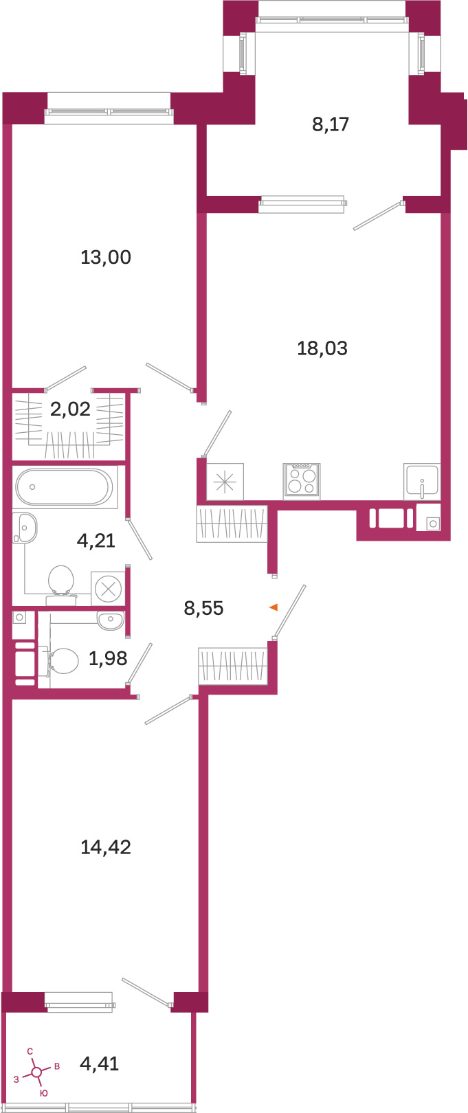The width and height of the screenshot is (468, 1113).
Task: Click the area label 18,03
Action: point(322,348)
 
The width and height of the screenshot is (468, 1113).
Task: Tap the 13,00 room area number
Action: point(106,258)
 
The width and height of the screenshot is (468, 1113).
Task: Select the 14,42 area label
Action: point(106,846)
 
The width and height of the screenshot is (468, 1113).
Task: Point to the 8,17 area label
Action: point(331,124)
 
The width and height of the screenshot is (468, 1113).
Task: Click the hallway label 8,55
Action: point(203,607)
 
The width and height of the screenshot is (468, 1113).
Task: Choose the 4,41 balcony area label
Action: point(100,1064)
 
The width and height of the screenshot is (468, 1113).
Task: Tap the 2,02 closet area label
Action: point(70,409)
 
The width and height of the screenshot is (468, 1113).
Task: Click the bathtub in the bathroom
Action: point(64,487)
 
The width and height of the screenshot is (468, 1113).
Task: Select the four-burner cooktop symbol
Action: point(302,481)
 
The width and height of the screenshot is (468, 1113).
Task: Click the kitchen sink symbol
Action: point(422,481)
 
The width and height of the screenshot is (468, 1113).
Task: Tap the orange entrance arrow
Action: point(274,607)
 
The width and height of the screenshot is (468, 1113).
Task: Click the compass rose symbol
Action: point(36,1072)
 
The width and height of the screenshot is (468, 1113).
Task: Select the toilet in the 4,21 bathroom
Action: point(61,581)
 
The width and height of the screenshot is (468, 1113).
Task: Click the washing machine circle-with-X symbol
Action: point(108,589)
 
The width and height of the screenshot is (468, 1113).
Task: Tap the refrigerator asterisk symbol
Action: point(225,482)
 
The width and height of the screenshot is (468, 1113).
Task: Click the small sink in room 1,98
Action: point(110,620)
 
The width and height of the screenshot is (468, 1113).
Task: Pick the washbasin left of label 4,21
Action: point(24,528)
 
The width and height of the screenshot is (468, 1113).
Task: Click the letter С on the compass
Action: point(30,1051)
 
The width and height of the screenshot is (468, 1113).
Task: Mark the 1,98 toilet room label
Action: point(108,658)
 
